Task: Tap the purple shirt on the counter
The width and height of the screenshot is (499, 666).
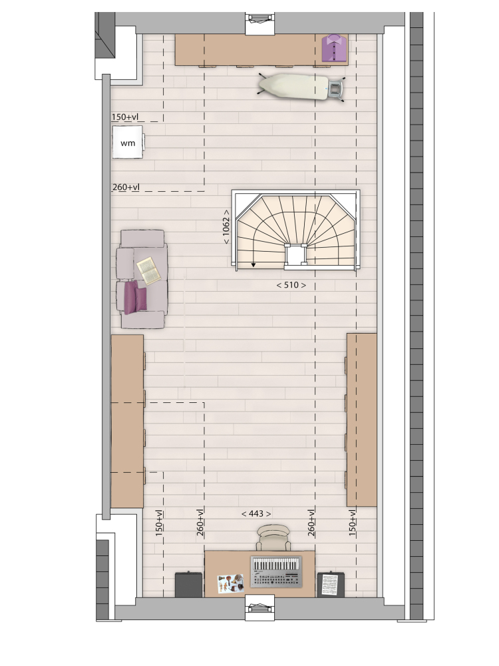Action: coord(335,49)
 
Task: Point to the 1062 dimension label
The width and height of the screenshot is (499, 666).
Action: coord(226,226)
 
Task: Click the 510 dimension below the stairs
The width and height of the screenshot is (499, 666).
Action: coord(291,285)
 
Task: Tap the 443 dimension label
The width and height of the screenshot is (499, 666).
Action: coord(256,514)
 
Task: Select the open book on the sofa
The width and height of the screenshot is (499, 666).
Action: coord(149,270)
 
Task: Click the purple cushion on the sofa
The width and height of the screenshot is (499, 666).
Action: coord(135,297)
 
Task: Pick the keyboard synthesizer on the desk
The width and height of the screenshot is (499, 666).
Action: coord(276,571)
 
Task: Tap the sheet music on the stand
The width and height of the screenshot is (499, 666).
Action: coord(330,585)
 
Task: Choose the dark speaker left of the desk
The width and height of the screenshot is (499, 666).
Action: coord(189,585)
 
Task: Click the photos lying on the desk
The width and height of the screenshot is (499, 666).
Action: coord(231,584)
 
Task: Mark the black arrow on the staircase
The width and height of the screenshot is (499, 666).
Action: coord(253,265)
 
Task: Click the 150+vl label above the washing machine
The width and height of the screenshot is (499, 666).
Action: coord(125,117)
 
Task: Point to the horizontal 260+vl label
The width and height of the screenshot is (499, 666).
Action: coord(126,187)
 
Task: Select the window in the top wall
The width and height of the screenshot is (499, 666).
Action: coord(261,23)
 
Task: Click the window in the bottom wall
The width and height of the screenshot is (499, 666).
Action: coord(261,607)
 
